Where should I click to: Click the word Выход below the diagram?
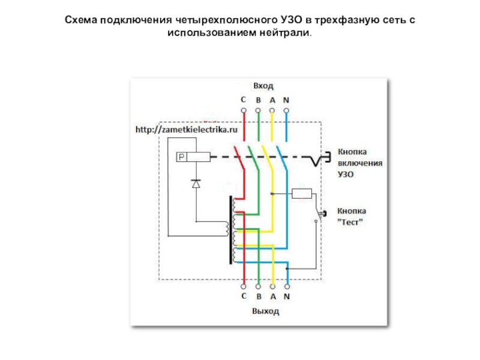click(x=265, y=312)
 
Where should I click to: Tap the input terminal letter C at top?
click(x=244, y=100)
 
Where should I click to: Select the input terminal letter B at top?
click(x=258, y=100)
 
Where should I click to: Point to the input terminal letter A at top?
click(x=272, y=100)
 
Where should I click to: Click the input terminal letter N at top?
click(x=286, y=100)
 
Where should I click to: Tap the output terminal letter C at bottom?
click(x=244, y=296)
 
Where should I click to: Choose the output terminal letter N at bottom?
click(x=287, y=296)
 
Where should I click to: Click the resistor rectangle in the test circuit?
click(x=301, y=193)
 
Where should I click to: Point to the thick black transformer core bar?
click(x=230, y=230)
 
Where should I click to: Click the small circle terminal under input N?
click(x=286, y=111)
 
